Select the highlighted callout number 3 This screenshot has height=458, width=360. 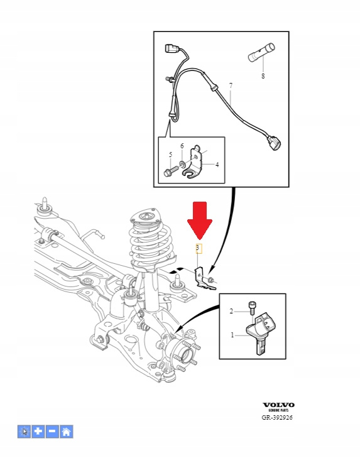pyautogui.click(x=199, y=248)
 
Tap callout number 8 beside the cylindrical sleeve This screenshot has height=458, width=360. pyautogui.click(x=263, y=76)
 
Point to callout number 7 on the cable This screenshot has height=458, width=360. pyautogui.click(x=231, y=85)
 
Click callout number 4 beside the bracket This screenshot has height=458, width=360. pyautogui.click(x=217, y=165)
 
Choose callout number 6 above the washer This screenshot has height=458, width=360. pyautogui.click(x=182, y=146)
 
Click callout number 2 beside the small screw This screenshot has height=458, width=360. pyautogui.click(x=231, y=312)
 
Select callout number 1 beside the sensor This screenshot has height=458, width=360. pyautogui.click(x=232, y=335)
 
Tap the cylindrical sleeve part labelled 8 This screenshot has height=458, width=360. pyautogui.click(x=261, y=52)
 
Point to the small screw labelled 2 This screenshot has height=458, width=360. pyautogui.click(x=251, y=308)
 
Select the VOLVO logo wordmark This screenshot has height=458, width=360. pyautogui.click(x=278, y=405)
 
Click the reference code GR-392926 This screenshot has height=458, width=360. pyautogui.click(x=277, y=417)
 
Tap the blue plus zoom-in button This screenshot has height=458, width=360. pyautogui.click(x=38, y=432)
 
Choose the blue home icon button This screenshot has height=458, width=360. pyautogui.click(x=67, y=432)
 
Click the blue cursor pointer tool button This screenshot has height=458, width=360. pyautogui.click(x=25, y=432)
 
